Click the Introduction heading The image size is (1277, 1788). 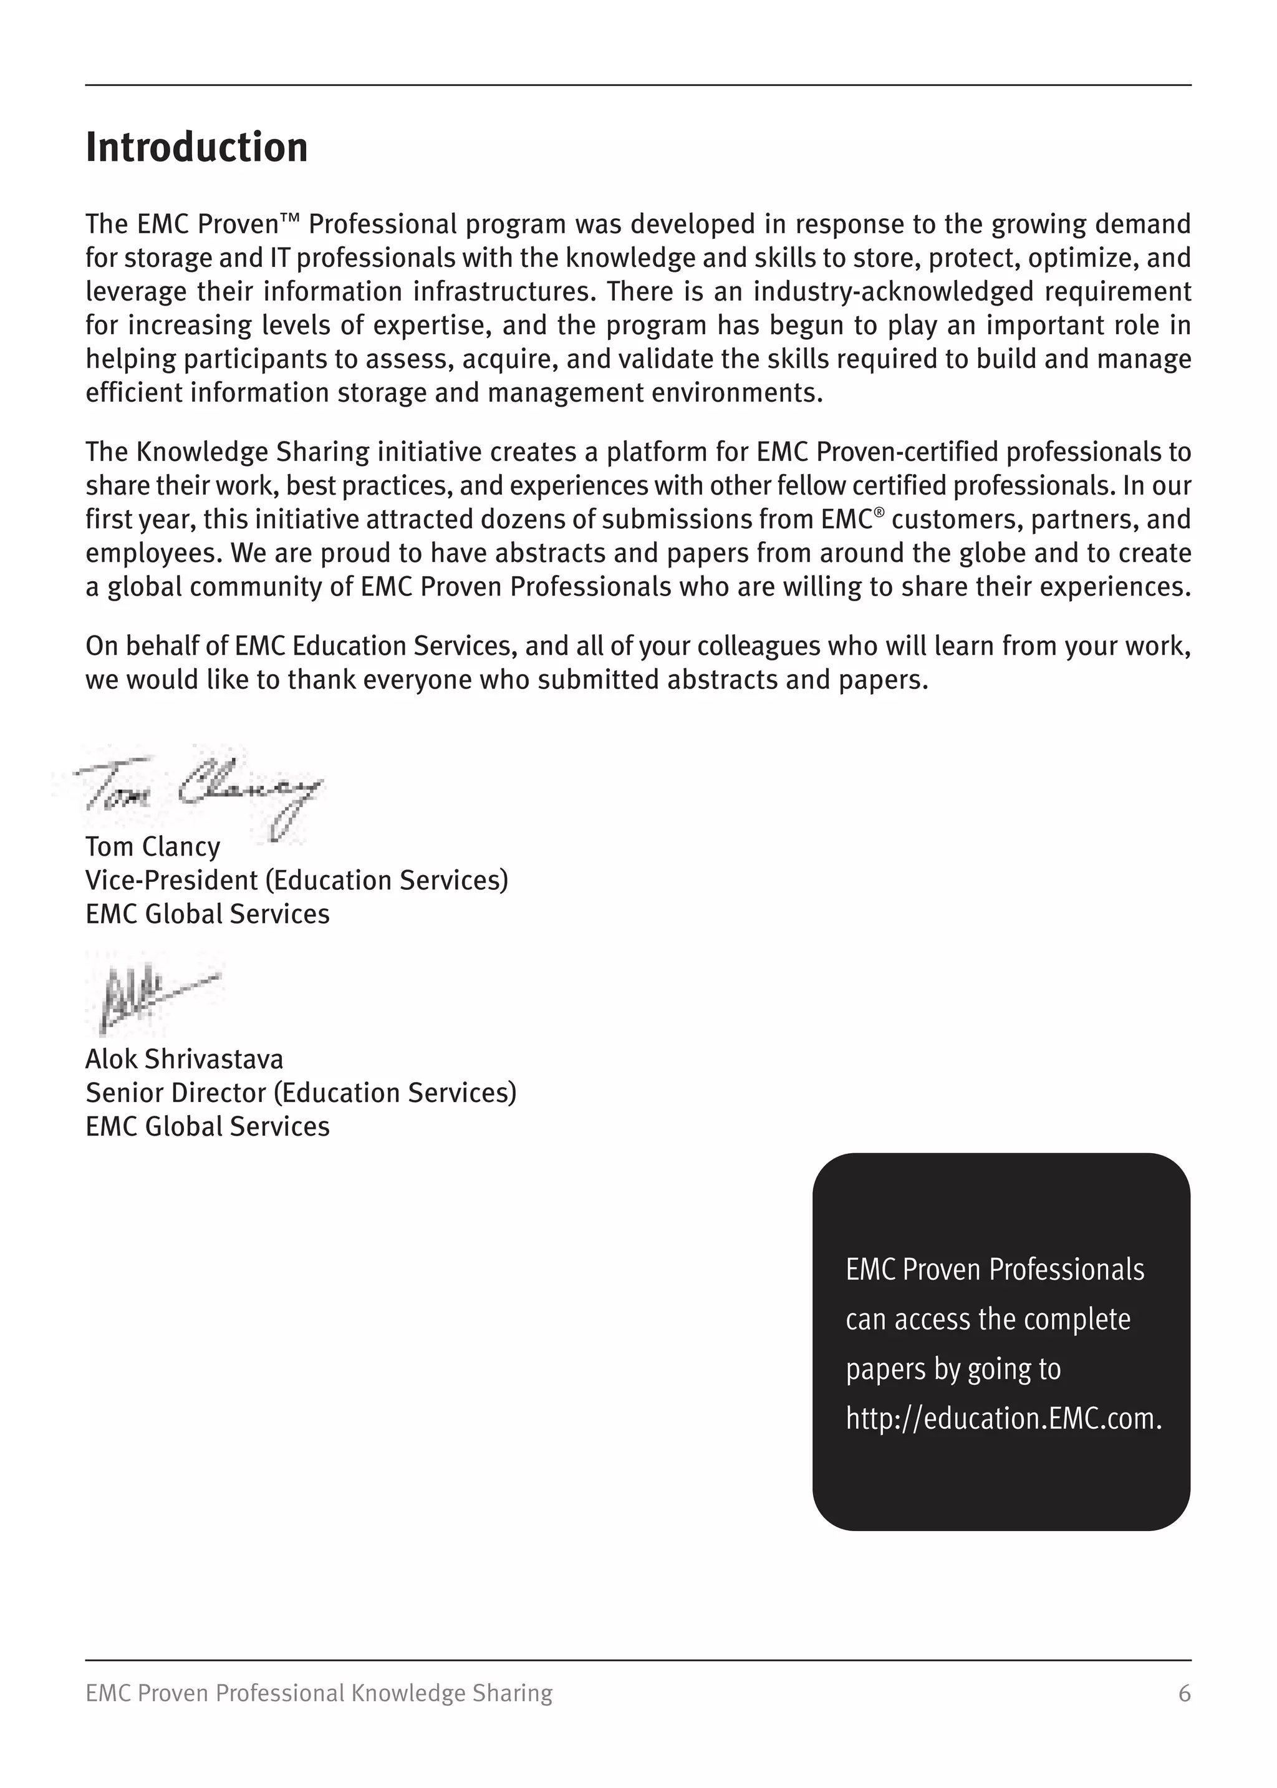[196, 148]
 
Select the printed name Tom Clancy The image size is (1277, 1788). [153, 847]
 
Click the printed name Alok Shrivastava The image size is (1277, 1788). [184, 1059]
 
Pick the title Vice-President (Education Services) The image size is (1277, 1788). [296, 881]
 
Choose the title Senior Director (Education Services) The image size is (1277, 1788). [301, 1093]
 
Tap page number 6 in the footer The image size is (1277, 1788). [1184, 1693]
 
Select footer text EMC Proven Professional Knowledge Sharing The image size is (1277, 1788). [319, 1693]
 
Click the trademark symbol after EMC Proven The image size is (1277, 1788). [290, 217]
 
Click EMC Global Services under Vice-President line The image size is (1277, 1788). [208, 914]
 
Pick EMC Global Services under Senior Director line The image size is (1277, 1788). [208, 1127]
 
